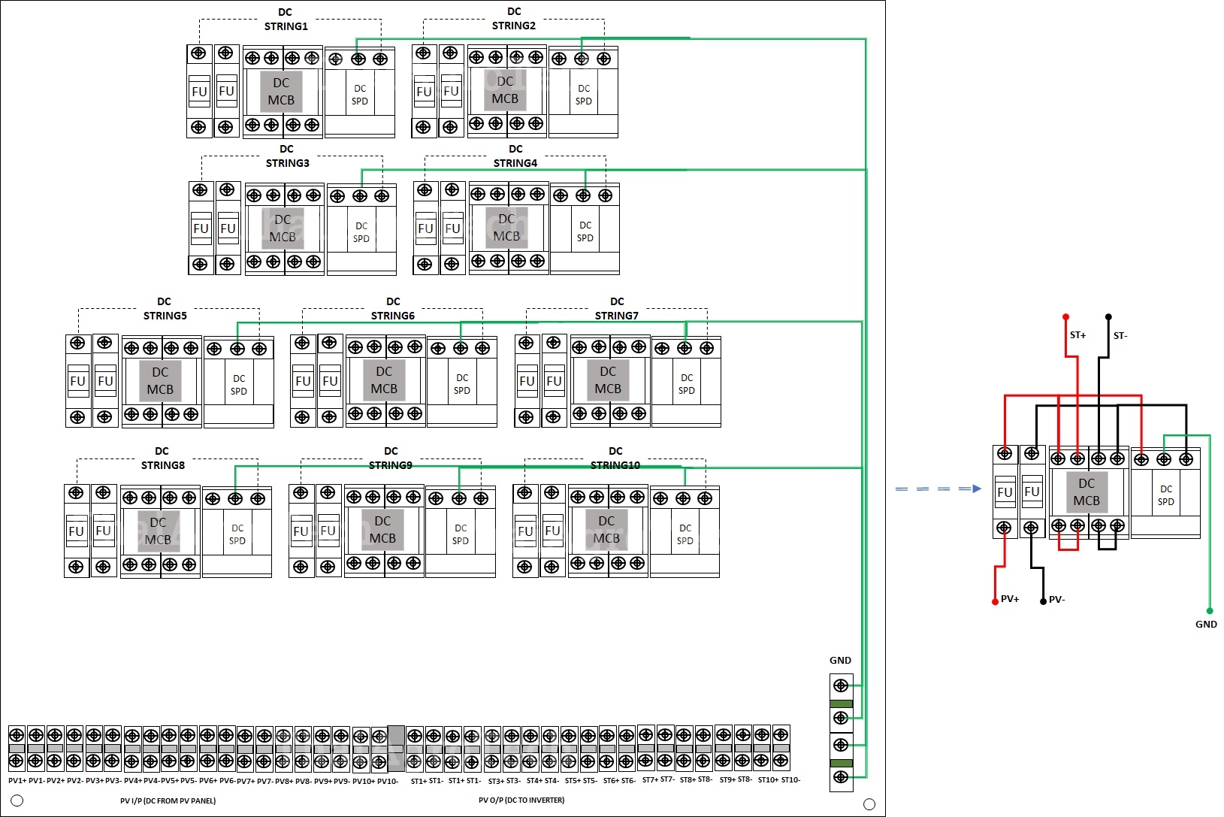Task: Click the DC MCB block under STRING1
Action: pos(281,92)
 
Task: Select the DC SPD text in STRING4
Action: pos(585,231)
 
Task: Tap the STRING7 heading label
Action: pos(617,316)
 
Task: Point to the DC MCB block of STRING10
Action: pos(606,529)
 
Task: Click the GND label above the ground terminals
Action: pos(840,661)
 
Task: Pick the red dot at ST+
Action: pos(1065,317)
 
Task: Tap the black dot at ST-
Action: pos(1108,317)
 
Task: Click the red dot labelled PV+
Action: pos(995,601)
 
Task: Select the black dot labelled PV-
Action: pos(1043,601)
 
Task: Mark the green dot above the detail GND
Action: pos(1210,611)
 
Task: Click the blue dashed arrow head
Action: pos(976,489)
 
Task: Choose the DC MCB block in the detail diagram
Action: pos(1086,492)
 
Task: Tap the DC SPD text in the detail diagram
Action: pos(1165,495)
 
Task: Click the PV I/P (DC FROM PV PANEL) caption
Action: pos(168,800)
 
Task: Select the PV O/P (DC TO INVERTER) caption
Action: pos(521,800)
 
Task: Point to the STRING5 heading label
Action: pos(165,316)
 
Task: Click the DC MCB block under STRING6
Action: pos(384,380)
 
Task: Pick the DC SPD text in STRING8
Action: pos(237,534)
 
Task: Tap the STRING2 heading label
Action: pos(514,26)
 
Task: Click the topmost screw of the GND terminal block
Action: pos(841,685)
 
